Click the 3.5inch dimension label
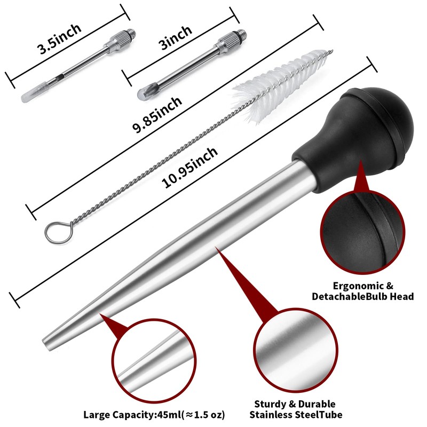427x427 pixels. coord(59,39)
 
